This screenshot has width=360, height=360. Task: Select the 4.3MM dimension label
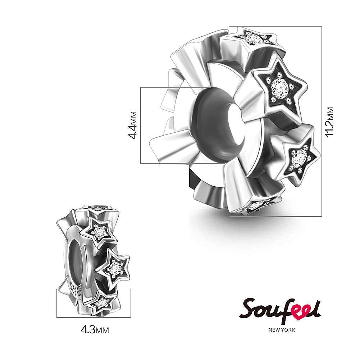(x=94, y=329)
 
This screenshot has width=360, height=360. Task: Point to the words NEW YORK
(x=282, y=329)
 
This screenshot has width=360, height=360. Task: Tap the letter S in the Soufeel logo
(x=248, y=309)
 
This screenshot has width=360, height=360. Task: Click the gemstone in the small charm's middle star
(x=114, y=266)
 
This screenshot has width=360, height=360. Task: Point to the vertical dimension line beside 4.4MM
(x=141, y=125)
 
